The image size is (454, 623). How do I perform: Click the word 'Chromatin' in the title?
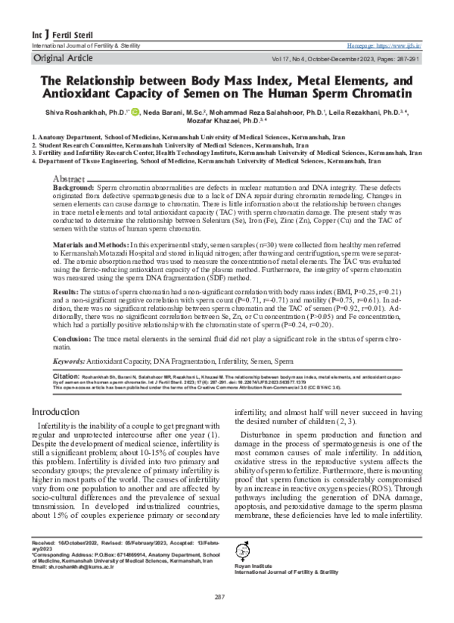click(376, 92)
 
